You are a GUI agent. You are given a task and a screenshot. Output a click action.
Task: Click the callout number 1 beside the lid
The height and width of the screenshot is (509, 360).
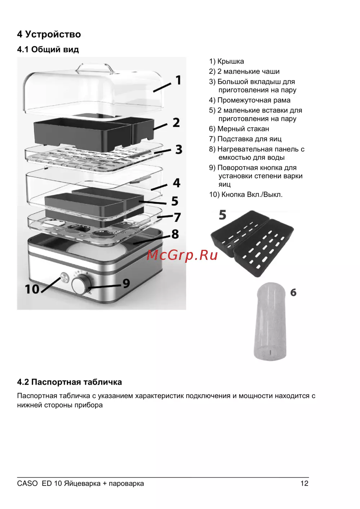[179, 80]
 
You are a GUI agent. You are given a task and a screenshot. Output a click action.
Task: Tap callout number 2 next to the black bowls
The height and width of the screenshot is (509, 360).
[176, 123]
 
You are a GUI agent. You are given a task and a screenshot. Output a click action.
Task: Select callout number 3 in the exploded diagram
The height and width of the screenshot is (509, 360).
[179, 149]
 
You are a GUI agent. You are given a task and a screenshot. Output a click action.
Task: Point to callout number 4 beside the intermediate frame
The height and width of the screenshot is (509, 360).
[177, 183]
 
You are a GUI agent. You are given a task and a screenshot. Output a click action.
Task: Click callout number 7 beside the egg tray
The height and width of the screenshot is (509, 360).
[177, 217]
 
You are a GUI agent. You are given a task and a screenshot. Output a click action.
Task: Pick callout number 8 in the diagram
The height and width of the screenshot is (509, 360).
[175, 234]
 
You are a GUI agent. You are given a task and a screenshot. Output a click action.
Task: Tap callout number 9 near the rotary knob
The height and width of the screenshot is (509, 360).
[126, 283]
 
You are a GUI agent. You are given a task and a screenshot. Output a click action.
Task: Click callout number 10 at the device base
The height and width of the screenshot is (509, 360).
[32, 289]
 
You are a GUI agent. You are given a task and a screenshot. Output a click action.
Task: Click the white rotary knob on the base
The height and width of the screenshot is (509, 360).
[81, 284]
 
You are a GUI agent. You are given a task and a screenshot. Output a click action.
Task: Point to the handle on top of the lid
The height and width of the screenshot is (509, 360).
[94, 68]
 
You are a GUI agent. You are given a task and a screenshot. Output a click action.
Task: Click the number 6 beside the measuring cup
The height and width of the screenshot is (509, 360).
[293, 292]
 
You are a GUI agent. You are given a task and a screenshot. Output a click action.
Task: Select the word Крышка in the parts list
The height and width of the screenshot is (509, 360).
[231, 61]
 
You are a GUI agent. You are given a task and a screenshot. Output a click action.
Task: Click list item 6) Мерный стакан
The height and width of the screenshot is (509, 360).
[239, 129]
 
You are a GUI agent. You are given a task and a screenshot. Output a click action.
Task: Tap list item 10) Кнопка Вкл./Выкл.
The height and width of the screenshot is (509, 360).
[246, 194]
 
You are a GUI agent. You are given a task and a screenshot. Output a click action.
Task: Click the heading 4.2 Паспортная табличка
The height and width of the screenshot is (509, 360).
[69, 382]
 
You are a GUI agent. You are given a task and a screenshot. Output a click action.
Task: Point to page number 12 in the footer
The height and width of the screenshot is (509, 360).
[305, 483]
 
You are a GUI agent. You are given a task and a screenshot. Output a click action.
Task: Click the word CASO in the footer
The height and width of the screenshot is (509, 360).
[27, 483]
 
